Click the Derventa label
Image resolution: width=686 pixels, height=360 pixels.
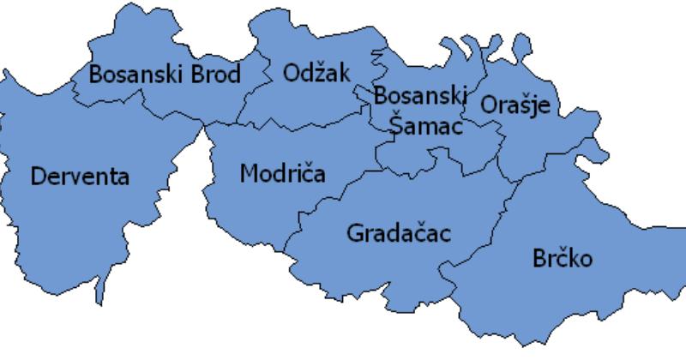click(80, 177)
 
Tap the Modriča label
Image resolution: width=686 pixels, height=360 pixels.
click(282, 174)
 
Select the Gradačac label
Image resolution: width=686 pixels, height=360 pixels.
click(399, 232)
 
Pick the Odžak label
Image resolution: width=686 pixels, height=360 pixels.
click(316, 73)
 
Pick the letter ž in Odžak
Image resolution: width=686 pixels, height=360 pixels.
click(323, 75)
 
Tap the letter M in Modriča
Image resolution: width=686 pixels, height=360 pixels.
click(249, 174)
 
